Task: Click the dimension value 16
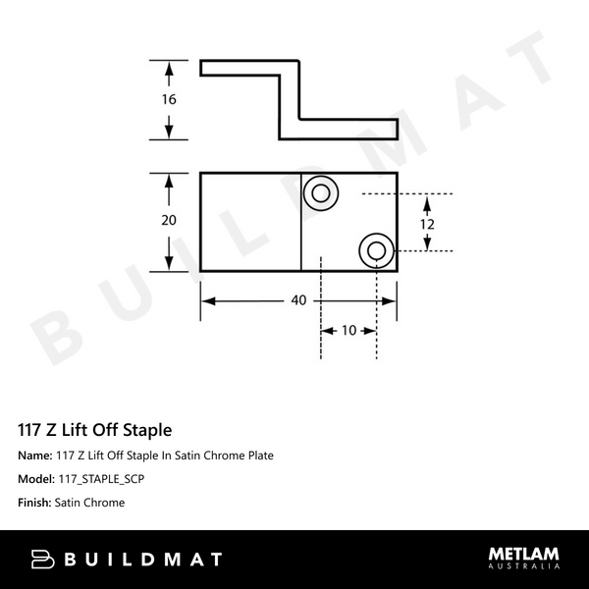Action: coord(169,100)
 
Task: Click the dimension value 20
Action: coord(169,221)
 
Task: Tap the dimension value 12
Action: coord(428,223)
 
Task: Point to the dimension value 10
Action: coord(349,331)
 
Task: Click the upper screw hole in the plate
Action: coord(320,192)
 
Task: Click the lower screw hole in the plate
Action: coord(375,250)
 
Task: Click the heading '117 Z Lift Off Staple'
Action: coord(95,430)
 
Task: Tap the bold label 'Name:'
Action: coord(35,455)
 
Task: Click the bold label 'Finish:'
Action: coord(36,503)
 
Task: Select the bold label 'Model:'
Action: coord(37,479)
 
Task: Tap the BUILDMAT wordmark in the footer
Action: coord(141,560)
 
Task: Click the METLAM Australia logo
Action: coord(523,559)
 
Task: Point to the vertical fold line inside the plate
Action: coord(299,222)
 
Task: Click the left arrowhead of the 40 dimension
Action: coord(206,300)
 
